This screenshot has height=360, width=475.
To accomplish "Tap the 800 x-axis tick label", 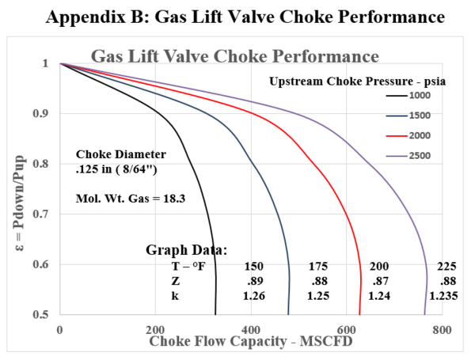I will coord(442,328).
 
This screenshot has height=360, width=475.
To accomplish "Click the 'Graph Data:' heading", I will coord(186,249).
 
